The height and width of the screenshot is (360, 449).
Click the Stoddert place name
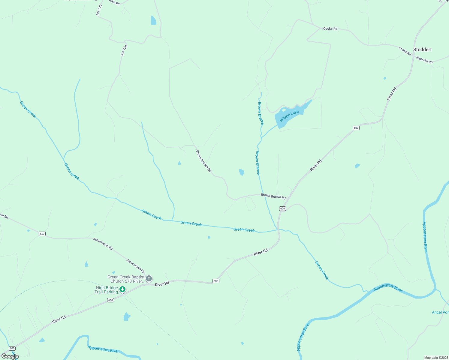tap(422, 49)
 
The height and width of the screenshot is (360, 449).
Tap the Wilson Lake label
tap(289, 116)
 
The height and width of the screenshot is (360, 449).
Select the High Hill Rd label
tap(424, 60)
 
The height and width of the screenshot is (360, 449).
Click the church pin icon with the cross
tap(149, 279)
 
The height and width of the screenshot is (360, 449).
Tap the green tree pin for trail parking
tap(122, 289)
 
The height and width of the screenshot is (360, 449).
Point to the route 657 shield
tap(42, 234)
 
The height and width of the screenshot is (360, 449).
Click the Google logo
tap(10, 356)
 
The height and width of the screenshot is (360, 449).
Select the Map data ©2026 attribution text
tap(435, 358)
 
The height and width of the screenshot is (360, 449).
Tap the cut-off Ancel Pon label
tap(440, 312)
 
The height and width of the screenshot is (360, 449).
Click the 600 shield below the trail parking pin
tap(110, 300)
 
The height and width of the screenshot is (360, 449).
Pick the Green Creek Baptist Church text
tap(126, 279)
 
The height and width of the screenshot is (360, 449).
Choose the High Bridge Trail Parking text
tap(107, 290)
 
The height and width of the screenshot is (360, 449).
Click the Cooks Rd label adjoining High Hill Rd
tap(405, 51)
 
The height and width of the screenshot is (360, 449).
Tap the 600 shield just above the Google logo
tap(12, 348)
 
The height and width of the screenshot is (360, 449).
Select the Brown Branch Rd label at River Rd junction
tap(273, 196)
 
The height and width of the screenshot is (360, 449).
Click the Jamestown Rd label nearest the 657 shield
tap(103, 244)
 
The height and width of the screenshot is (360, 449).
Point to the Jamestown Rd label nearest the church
tap(135, 266)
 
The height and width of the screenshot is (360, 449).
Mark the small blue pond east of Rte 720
tap(153, 20)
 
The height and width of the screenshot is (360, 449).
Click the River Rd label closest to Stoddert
tap(392, 94)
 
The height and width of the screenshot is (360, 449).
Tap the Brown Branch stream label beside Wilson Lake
tap(261, 113)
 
